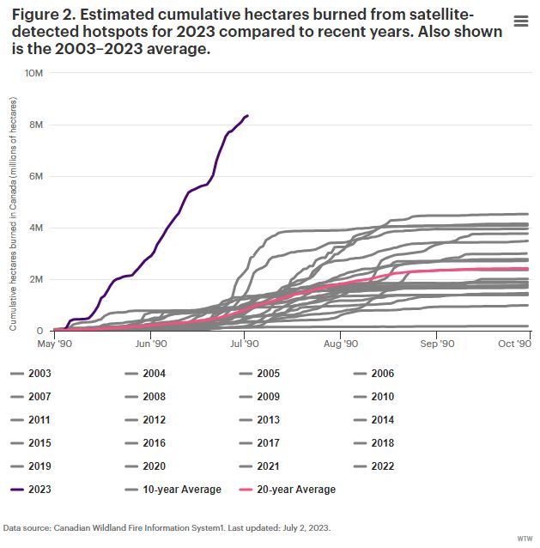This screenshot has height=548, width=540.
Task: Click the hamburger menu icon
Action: pos(520,21)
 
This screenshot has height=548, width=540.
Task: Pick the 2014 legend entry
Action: pos(383,420)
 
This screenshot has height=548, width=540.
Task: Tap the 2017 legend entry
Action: pos(269,443)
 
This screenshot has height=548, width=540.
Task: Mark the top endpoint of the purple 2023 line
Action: pos(247,115)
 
